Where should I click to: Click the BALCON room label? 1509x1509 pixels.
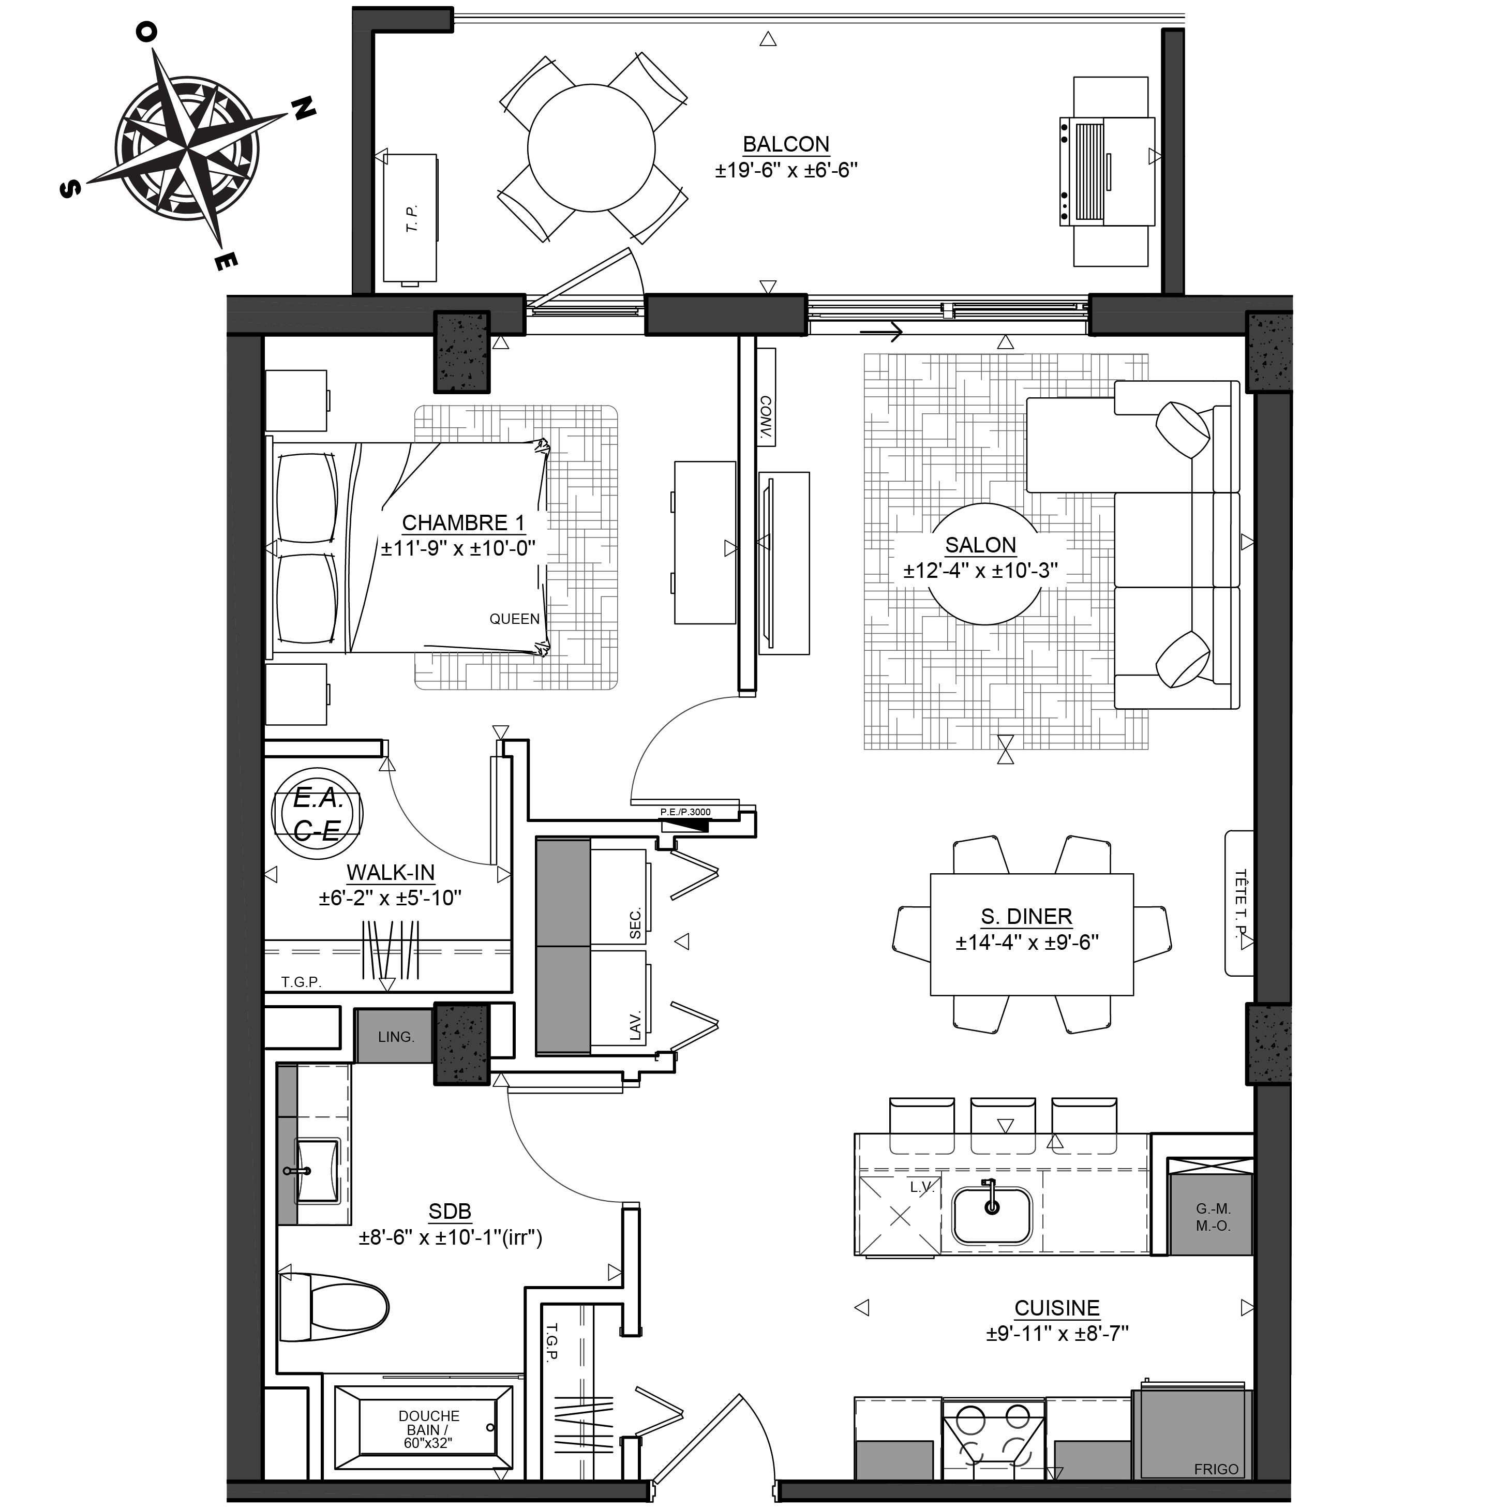pos(786,144)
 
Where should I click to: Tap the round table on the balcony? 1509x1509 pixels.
pos(591,147)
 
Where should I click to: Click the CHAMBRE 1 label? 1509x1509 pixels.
pos(463,522)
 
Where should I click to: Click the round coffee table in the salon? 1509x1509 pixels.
pos(984,564)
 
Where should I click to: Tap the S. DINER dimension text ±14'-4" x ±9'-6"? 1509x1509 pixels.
pos(1027,942)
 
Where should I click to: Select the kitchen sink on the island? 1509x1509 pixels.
pos(991,1215)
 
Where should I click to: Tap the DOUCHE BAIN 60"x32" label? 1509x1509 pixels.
pos(429,1429)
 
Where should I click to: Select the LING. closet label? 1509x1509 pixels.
pos(396,1037)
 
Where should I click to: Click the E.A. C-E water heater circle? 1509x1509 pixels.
pos(317,814)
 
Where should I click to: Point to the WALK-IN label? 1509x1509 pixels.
pos(391,872)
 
